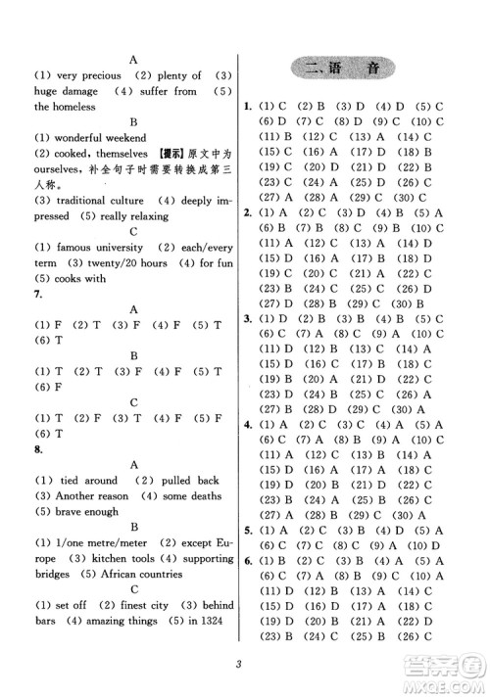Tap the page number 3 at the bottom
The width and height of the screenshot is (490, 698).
(237, 668)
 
